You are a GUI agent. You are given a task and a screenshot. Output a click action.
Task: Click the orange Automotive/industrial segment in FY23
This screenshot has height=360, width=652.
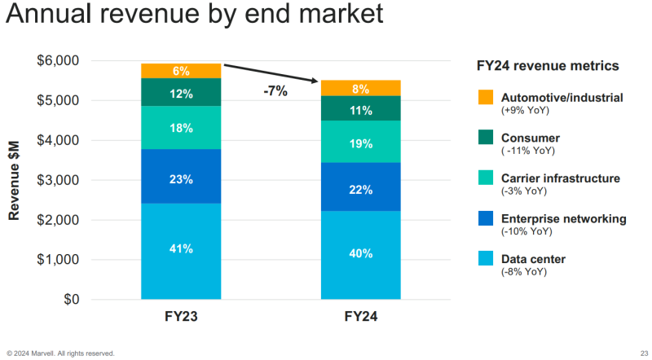pos(181,71)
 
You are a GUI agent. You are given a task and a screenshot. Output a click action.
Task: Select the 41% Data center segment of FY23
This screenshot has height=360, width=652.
pos(181,250)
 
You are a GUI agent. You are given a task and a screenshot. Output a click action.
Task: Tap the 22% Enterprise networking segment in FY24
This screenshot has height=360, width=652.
pos(360,190)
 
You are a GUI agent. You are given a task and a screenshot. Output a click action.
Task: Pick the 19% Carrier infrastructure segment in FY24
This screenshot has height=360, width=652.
pos(360,143)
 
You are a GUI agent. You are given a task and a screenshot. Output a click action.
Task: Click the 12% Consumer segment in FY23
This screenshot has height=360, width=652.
pos(181,94)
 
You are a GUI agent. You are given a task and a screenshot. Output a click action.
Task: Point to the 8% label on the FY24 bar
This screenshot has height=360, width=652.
pos(360,89)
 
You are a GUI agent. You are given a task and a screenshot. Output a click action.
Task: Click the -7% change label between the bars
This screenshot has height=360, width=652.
pos(275,91)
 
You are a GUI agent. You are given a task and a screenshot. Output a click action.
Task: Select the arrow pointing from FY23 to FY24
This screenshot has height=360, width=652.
pos(271,72)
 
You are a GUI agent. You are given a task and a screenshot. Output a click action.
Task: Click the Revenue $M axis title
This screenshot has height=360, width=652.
pos(15,180)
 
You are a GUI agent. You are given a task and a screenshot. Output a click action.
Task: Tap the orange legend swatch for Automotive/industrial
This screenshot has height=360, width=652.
pos(485,98)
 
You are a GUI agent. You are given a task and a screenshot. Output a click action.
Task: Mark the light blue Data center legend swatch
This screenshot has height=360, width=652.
pos(485,259)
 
